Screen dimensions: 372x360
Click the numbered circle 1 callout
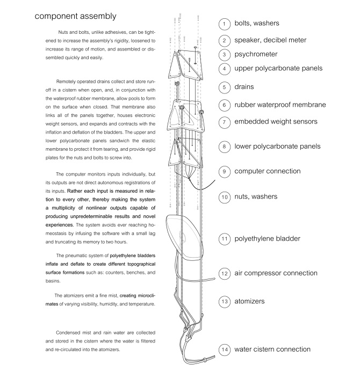225,25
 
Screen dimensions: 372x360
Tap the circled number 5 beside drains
225,87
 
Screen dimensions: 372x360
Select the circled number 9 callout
225,172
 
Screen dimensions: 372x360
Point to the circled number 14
225,350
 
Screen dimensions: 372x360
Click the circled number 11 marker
225,238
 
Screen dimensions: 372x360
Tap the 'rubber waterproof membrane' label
280,105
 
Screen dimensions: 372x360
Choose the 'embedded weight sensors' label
274,122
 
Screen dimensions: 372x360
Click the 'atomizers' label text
249,301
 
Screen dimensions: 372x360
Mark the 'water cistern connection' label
272,349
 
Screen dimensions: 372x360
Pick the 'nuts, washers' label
256,197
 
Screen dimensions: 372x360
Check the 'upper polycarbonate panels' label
278,69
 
